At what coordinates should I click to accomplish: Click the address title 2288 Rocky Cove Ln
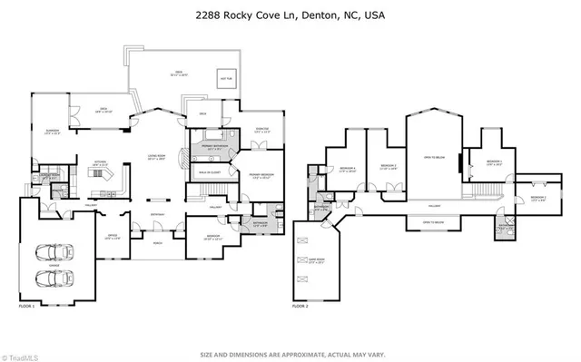tap(290, 15)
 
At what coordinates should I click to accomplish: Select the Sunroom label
tap(53, 132)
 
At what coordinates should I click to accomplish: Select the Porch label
tap(158, 242)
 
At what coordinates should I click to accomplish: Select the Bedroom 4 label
tap(348, 170)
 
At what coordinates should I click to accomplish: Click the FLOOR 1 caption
tap(27, 308)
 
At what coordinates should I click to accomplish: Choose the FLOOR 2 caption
tap(300, 308)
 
